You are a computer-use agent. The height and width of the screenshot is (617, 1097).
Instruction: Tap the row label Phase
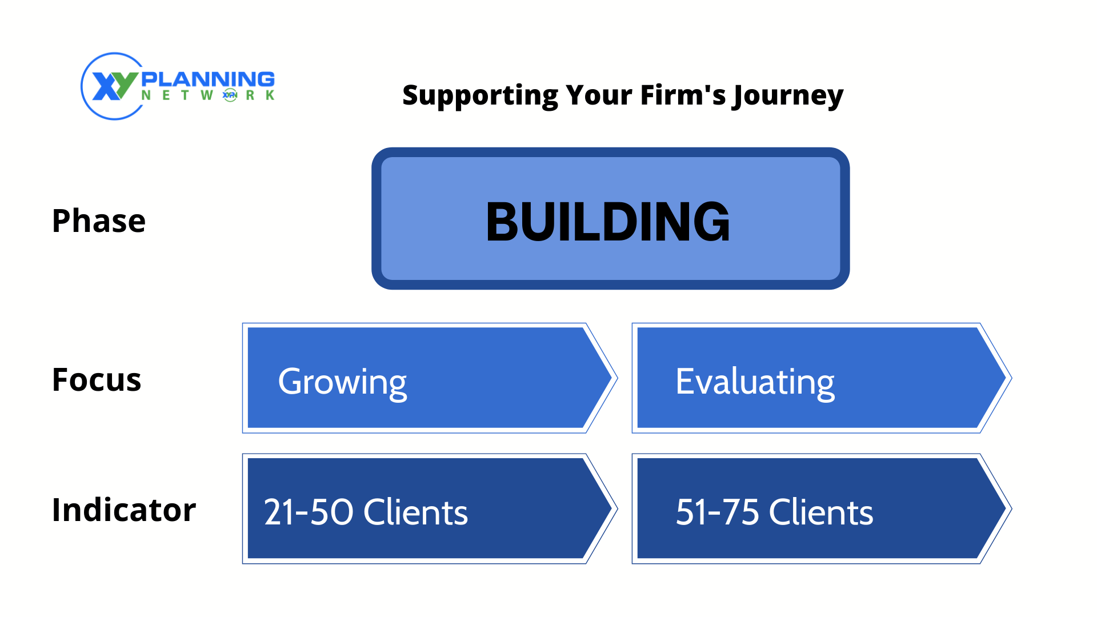click(x=99, y=221)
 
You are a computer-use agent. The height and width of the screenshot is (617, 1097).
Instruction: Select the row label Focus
click(x=97, y=380)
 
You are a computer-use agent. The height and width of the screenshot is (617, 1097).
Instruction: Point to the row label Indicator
click(x=124, y=510)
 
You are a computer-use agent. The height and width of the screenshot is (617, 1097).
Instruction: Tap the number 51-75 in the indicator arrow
click(x=718, y=512)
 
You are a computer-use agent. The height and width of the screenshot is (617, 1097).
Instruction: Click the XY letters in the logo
click(x=115, y=86)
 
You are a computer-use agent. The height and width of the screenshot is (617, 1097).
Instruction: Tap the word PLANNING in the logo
click(x=208, y=79)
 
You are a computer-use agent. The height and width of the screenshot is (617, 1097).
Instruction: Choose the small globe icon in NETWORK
click(x=230, y=95)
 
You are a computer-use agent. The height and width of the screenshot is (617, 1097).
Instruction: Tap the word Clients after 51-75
click(x=821, y=512)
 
